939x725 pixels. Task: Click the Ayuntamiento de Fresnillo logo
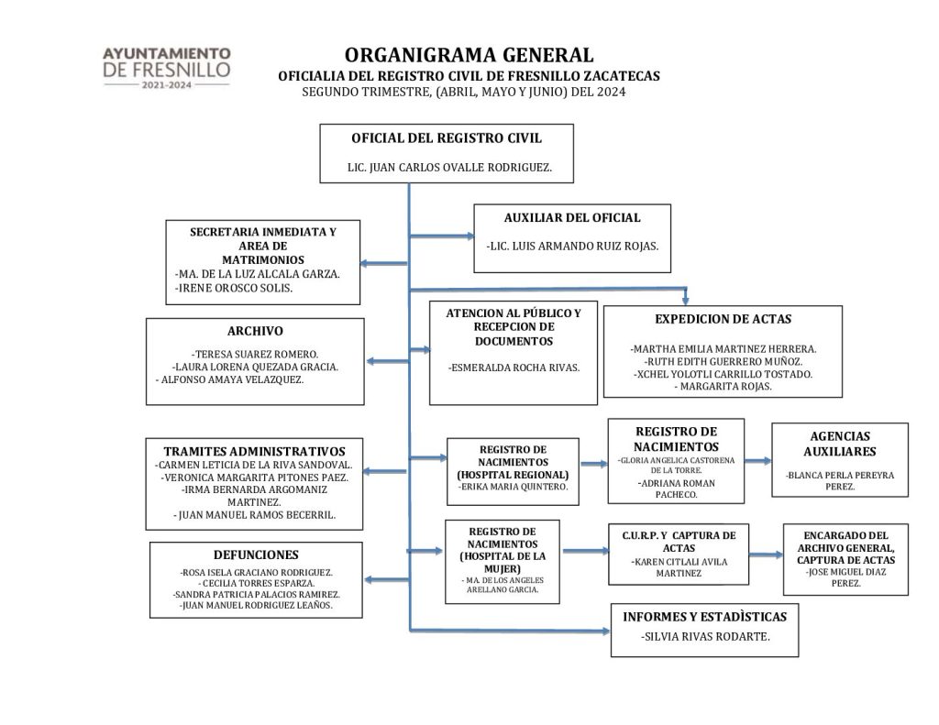[166, 67]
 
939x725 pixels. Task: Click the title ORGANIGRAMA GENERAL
[469, 56]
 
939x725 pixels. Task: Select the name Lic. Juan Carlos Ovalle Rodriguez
[447, 169]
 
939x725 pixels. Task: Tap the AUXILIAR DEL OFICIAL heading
[572, 218]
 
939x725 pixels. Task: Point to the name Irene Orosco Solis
[234, 288]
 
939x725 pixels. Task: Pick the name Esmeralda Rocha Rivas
[514, 368]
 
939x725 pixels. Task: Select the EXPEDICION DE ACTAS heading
[723, 319]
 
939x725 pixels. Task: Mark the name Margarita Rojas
[723, 387]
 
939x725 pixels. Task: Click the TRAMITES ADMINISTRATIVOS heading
[254, 451]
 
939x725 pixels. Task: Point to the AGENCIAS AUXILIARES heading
[839, 444]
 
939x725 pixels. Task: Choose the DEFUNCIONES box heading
[256, 555]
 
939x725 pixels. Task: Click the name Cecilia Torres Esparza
[256, 583]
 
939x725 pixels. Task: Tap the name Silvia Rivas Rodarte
[704, 637]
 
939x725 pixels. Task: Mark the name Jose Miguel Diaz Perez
[846, 577]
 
